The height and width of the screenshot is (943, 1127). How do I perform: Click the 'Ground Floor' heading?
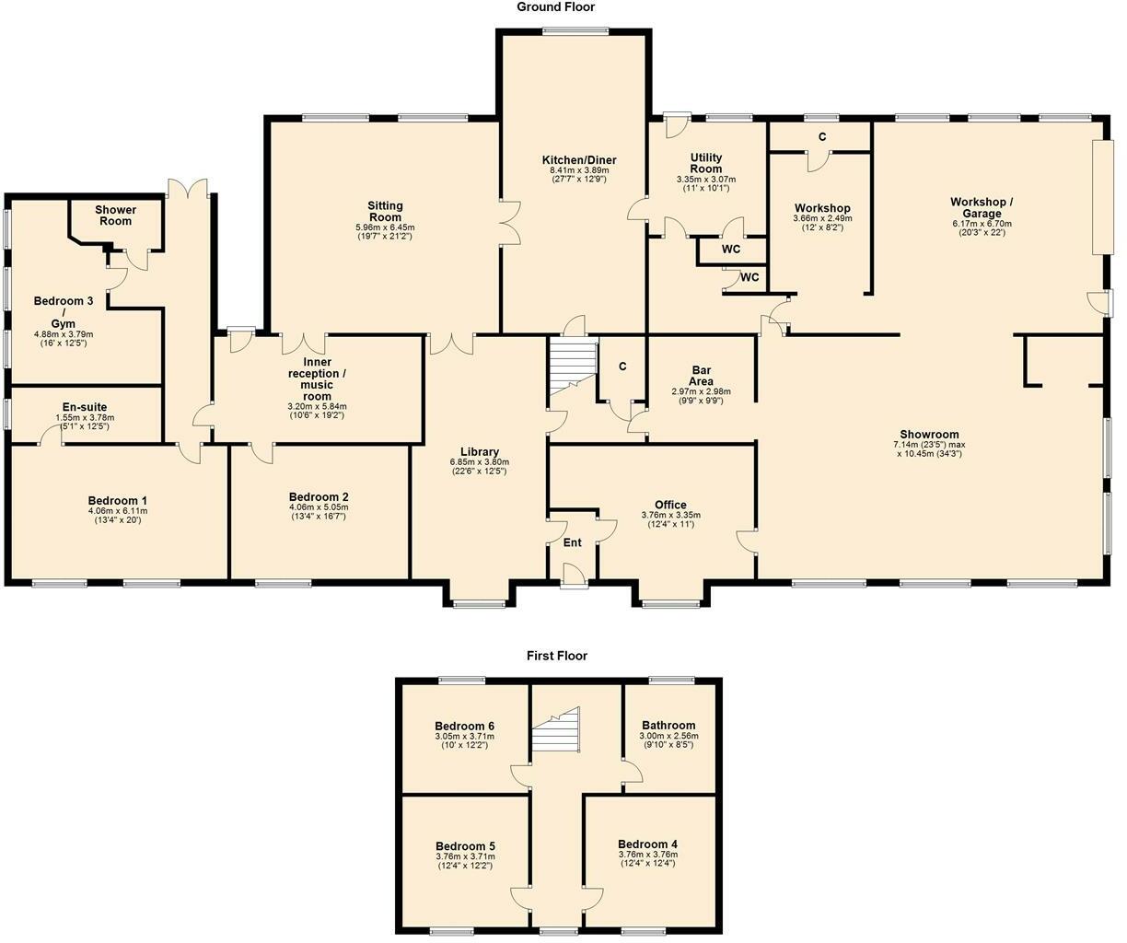555,7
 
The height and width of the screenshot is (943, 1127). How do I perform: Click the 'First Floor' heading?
556,656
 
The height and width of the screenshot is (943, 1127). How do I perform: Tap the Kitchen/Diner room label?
579,160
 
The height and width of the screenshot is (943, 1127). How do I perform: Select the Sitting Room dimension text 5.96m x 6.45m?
385,227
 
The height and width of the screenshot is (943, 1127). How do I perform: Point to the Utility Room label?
705,163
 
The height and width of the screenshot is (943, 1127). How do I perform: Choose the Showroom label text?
929,435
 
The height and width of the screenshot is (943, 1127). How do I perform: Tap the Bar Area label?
701,376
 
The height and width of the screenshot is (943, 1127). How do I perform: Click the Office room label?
670,505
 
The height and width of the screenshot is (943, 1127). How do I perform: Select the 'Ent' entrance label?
573,542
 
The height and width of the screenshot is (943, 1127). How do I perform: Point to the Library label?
480,451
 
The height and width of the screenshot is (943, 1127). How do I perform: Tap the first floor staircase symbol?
556,732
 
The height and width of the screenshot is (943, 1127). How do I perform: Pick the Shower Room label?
115,215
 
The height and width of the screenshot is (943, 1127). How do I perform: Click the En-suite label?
85,407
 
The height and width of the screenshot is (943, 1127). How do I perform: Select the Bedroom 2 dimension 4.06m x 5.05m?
319,507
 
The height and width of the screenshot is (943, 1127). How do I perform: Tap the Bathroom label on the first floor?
668,726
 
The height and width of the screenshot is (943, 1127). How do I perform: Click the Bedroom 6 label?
465,726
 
